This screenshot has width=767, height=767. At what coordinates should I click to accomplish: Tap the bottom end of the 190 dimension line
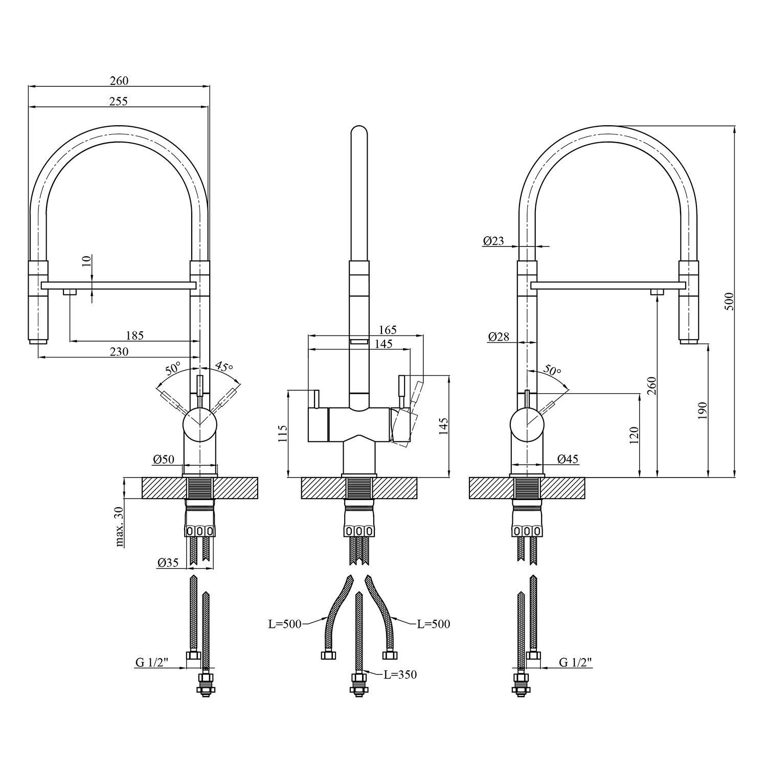point(708,478)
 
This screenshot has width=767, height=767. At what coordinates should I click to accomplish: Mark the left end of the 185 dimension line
point(70,341)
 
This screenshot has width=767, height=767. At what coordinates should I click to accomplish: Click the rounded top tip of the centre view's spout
point(359,125)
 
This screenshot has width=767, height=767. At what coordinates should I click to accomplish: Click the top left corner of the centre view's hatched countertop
point(302,478)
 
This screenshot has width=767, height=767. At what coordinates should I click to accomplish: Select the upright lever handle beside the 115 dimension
point(316,398)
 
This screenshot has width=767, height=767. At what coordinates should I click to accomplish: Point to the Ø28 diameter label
point(499,336)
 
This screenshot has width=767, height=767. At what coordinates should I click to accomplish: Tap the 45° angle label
point(223,367)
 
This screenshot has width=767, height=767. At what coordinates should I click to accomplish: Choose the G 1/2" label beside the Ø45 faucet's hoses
point(575,662)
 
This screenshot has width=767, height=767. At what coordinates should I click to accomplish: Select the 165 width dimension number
point(388,330)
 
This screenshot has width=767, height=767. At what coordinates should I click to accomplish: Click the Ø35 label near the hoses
point(168,562)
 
